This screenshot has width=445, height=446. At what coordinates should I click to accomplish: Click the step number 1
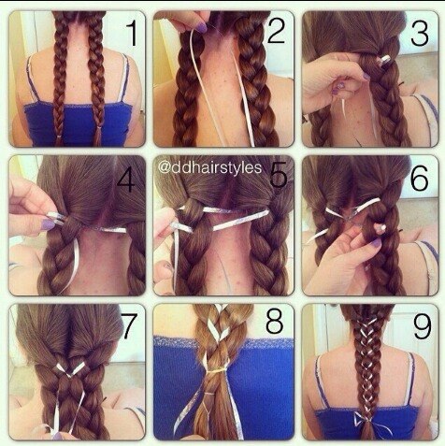(133, 34)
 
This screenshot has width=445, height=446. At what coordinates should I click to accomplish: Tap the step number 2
(277, 30)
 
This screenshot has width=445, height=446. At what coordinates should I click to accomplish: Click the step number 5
(279, 175)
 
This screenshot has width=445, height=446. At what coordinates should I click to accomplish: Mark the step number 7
(130, 326)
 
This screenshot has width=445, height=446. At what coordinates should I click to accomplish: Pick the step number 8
(275, 321)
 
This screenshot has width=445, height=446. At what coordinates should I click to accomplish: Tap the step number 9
(422, 325)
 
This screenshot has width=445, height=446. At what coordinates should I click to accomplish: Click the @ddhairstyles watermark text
(209, 167)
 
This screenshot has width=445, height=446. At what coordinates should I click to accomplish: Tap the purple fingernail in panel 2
(201, 28)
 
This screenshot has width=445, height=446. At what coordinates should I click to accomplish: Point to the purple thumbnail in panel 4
(49, 224)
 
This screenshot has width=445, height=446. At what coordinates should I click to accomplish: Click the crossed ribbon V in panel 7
(71, 368)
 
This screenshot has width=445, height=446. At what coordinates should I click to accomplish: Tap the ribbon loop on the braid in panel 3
(385, 61)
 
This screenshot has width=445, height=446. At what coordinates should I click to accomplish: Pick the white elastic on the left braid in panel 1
(59, 137)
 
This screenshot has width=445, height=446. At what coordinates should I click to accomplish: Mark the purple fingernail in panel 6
(376, 242)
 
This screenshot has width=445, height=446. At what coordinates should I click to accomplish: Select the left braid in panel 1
(60, 78)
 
